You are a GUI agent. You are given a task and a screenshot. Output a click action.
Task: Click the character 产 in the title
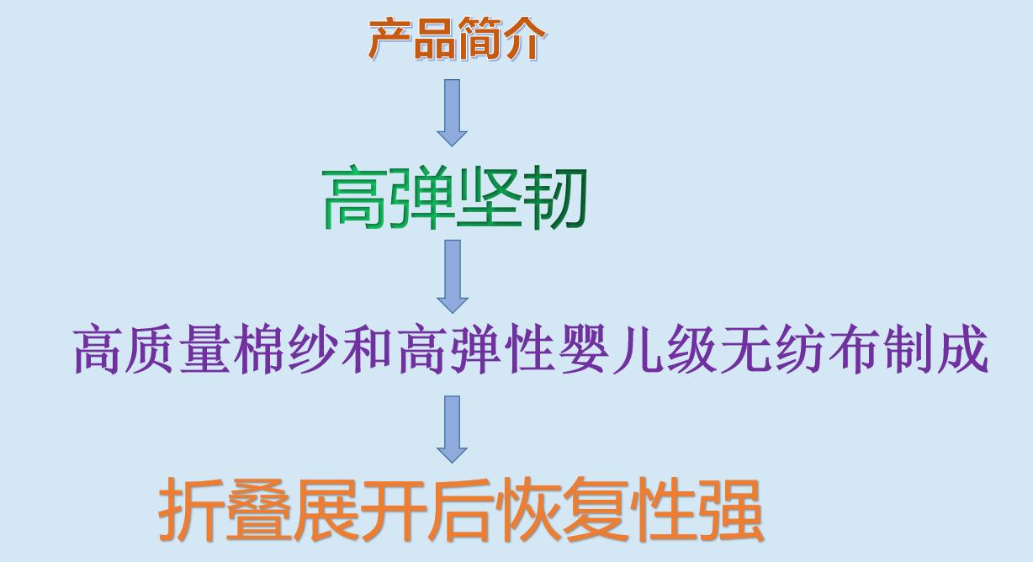click(390, 39)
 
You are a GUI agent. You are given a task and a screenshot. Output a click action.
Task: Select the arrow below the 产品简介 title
click(452, 113)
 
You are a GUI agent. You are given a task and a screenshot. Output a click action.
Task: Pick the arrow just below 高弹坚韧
click(453, 277)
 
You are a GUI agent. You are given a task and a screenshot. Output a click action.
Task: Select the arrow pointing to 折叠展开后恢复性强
click(452, 429)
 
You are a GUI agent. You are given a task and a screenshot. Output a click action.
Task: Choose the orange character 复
click(596, 510)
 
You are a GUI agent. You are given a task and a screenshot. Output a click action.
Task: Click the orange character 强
click(730, 510)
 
